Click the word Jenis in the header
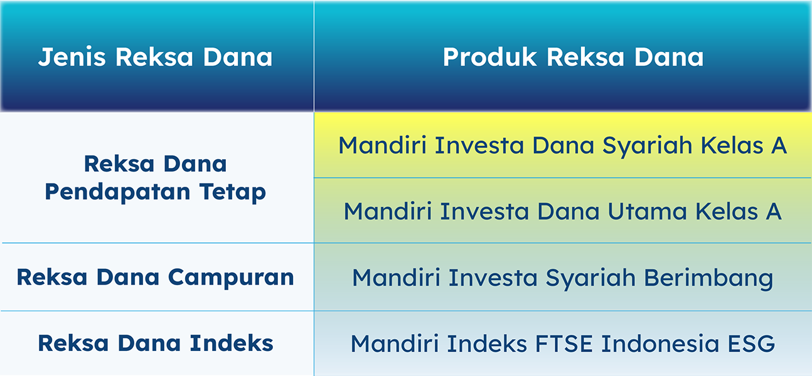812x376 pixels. tap(72, 57)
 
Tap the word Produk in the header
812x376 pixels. tap(489, 57)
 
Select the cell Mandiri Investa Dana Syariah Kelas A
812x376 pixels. tap(562, 145)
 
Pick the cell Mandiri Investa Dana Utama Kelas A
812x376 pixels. tap(562, 211)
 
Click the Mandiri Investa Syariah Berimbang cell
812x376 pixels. tap(562, 278)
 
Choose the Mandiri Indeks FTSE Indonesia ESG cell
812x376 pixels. tap(562, 343)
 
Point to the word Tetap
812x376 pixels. tap(232, 192)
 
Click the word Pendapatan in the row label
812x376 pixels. tap(117, 192)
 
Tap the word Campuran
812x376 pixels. tap(231, 278)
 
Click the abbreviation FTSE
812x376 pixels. tap(564, 343)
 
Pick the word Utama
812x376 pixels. tap(647, 211)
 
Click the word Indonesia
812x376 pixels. tap(660, 343)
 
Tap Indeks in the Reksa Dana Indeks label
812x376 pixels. tap(232, 343)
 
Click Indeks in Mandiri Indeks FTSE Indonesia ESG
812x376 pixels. tap(487, 343)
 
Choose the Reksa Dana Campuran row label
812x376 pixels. tap(155, 278)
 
